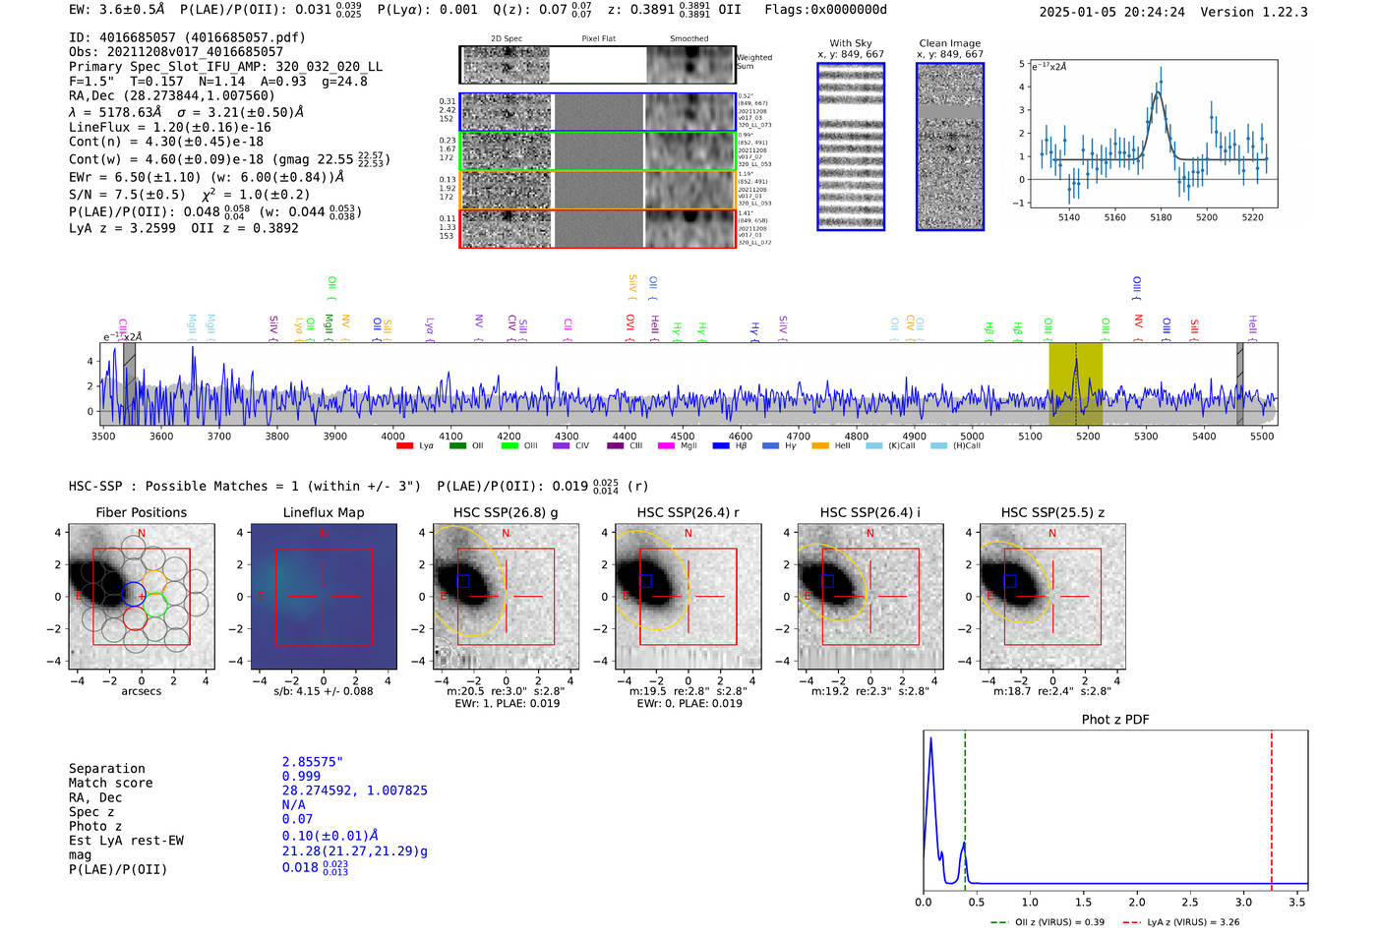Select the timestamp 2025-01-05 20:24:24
[1111, 12]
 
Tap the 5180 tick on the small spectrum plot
[1161, 217]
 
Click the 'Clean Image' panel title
[949, 43]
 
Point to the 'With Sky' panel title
[850, 43]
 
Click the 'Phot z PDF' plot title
[1114, 720]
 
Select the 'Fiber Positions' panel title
[141, 512]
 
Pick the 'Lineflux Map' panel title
[324, 512]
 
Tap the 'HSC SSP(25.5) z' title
[1052, 512]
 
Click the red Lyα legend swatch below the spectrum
[404, 446]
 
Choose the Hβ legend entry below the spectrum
[721, 446]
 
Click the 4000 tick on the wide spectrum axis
[392, 436]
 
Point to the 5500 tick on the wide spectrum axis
[1262, 436]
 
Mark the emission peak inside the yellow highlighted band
[1076, 362]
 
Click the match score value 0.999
[301, 776]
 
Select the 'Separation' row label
[106, 769]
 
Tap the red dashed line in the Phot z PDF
[1271, 806]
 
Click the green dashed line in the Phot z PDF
[965, 806]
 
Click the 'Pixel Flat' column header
[598, 39]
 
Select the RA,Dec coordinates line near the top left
[172, 96]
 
